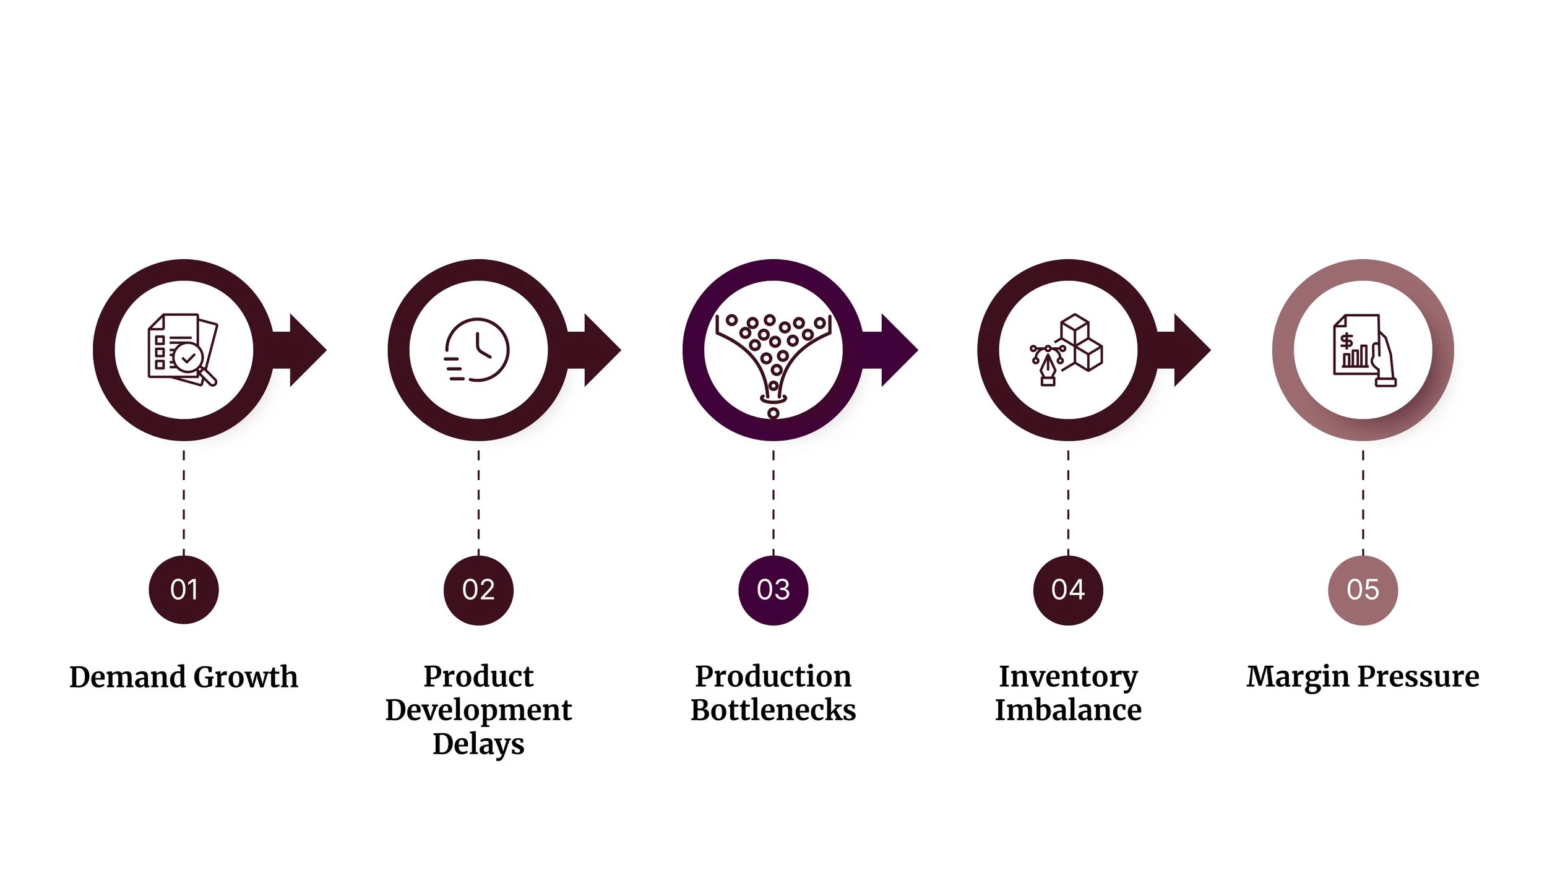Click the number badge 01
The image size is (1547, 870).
(x=184, y=590)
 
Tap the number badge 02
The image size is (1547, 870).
(x=478, y=590)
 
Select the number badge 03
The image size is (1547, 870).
(x=773, y=590)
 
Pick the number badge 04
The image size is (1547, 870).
(x=1068, y=590)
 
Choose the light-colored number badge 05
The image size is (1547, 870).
(x=1363, y=590)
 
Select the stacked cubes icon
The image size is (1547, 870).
(x=1067, y=350)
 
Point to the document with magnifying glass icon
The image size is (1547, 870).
(x=183, y=350)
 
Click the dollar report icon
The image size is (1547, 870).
(x=1363, y=351)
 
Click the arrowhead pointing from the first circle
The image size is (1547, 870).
(x=306, y=350)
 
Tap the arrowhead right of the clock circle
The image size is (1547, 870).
(x=601, y=350)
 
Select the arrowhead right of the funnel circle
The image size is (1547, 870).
(x=898, y=350)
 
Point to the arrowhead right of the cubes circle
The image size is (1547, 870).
(x=1191, y=350)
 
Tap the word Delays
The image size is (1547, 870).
(x=478, y=744)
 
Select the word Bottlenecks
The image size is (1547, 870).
(x=773, y=710)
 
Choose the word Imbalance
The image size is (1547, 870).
(x=1068, y=710)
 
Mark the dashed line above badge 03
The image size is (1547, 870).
(x=773, y=501)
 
